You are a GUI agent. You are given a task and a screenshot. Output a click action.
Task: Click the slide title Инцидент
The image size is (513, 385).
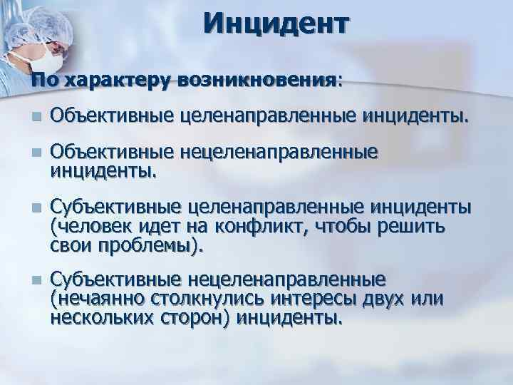point(276,24)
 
